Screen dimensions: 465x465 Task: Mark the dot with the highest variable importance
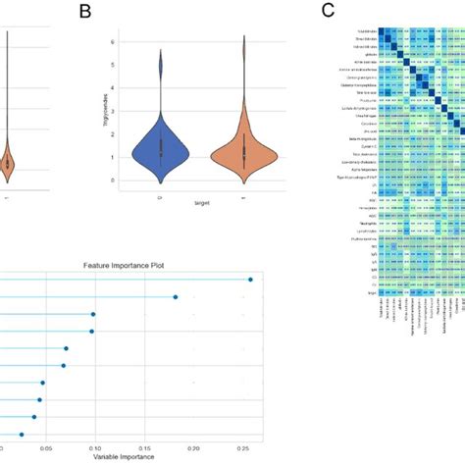click(250, 280)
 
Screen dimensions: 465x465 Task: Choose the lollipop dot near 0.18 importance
click(176, 296)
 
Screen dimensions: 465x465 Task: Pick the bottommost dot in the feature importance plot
click(22, 434)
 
